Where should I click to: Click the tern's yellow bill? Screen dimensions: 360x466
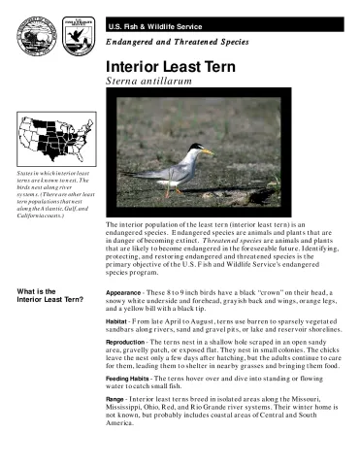pos(208,150)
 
